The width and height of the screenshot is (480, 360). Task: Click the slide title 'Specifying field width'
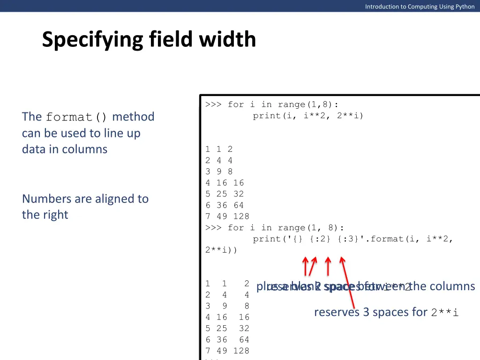[x=149, y=39]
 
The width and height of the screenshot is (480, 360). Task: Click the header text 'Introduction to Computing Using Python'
[x=420, y=6]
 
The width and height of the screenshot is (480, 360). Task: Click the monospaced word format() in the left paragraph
[x=77, y=117]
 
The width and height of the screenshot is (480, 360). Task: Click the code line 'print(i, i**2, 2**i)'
[x=308, y=116]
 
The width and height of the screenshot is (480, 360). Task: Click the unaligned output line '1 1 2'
[x=219, y=149]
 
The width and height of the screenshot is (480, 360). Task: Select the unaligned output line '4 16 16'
[x=225, y=183]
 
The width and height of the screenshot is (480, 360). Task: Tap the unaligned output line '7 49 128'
[x=227, y=216]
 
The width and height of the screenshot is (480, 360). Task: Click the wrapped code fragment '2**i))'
[x=221, y=250]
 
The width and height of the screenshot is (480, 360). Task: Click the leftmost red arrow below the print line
[x=306, y=266]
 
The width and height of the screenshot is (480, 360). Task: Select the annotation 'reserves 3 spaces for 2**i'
[x=386, y=312]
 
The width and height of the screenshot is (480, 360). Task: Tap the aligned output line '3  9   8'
[x=227, y=306]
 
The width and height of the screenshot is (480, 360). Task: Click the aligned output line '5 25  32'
[x=227, y=328]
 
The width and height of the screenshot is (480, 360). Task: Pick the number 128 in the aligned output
[x=241, y=351]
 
